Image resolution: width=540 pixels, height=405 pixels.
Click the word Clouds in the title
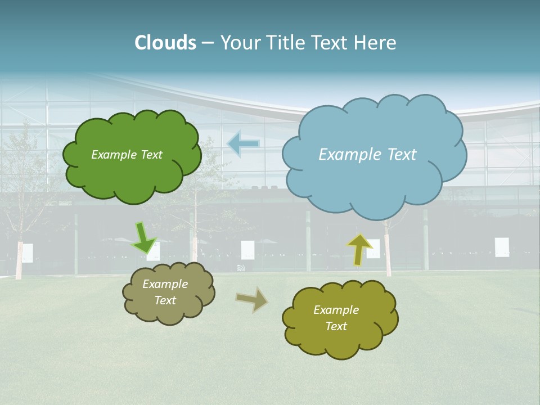coord(165,43)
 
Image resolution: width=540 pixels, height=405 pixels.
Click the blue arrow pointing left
coord(244,144)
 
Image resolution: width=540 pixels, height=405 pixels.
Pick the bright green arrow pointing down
coord(143,238)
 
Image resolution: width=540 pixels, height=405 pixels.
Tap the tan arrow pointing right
coord(252,299)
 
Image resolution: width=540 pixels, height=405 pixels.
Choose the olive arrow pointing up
coord(359,249)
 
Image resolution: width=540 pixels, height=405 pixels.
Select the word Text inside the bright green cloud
coord(151,155)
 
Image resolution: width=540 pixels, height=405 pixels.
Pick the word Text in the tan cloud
coord(165,300)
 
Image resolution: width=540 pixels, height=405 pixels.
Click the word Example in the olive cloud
coord(336,310)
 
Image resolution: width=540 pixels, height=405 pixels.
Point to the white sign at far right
coord(502,247)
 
